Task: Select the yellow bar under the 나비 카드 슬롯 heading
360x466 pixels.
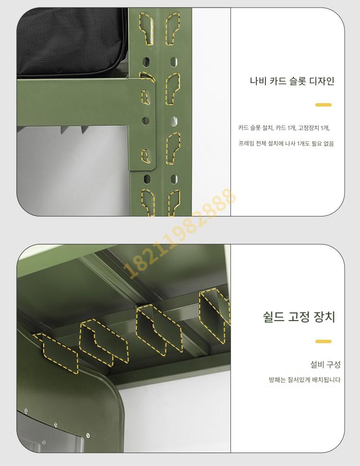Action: pyautogui.click(x=324, y=105)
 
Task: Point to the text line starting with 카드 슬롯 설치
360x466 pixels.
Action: pyautogui.click(x=284, y=128)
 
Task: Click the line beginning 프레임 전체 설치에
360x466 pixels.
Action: pyautogui.click(x=286, y=143)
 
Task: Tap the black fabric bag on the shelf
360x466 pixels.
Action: pyautogui.click(x=72, y=42)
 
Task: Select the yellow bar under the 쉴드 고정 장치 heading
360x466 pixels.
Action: pyautogui.click(x=324, y=341)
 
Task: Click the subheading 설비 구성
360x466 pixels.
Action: pyautogui.click(x=325, y=364)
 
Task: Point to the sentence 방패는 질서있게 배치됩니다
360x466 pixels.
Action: pyautogui.click(x=305, y=380)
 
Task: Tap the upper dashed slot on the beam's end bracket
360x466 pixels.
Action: pyautogui.click(x=145, y=97)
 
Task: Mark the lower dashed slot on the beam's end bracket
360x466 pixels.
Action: pyautogui.click(x=145, y=155)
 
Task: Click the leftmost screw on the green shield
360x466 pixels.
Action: pyautogui.click(x=26, y=411)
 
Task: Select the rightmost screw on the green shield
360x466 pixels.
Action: pyautogui.click(x=88, y=436)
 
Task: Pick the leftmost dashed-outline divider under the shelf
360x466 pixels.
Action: pyautogui.click(x=57, y=352)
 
